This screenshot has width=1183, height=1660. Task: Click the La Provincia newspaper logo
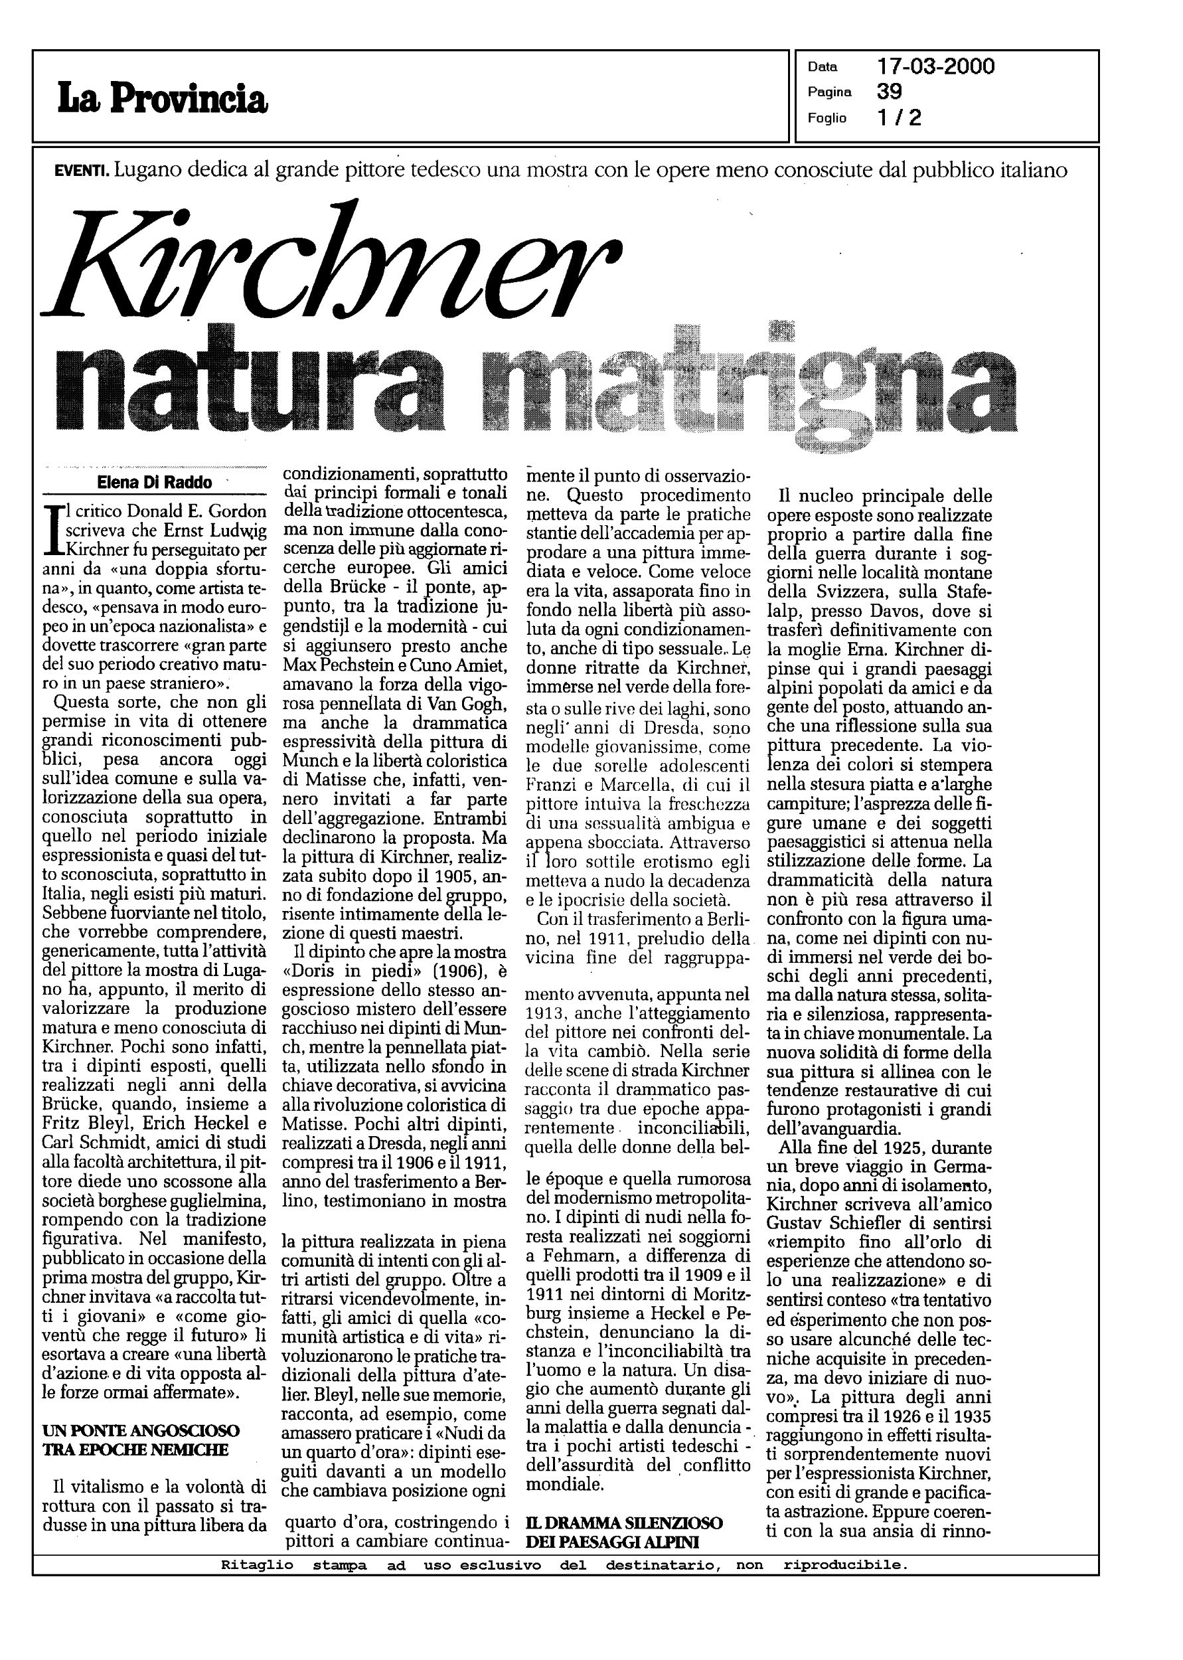tap(163, 98)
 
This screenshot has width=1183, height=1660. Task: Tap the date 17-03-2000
tap(935, 67)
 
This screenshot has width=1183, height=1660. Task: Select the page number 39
tap(890, 92)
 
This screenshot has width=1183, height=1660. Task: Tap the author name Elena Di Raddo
tap(155, 482)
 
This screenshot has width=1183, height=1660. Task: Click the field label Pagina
tap(830, 92)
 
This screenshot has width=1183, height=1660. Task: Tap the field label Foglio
tap(827, 118)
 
